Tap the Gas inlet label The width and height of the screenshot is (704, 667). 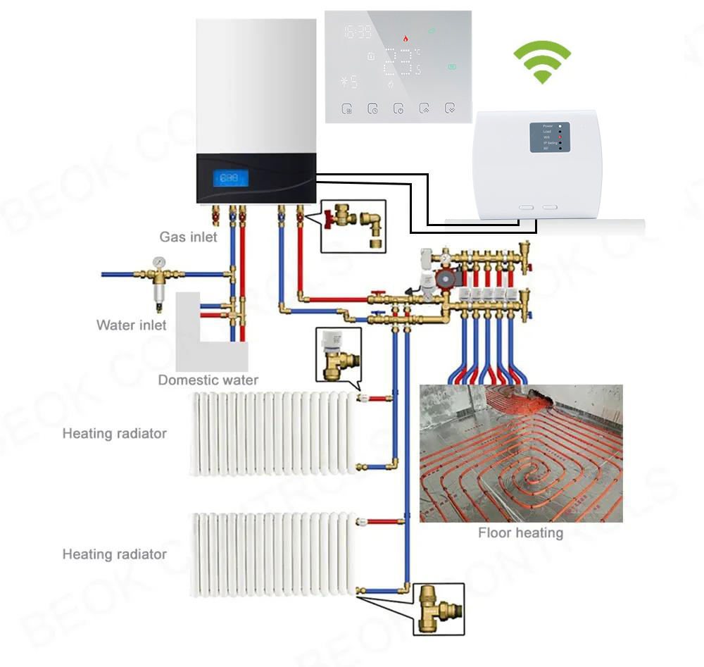point(188,237)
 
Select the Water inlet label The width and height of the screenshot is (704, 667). point(132,325)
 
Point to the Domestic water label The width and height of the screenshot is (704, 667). point(208,380)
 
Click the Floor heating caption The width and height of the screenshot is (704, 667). point(520,533)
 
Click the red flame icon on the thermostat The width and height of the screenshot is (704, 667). point(405,39)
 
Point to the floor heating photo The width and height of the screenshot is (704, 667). point(521,453)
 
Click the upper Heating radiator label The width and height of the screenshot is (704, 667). point(114,433)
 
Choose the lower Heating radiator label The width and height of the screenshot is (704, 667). point(114,554)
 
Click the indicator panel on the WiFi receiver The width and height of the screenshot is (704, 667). point(550,137)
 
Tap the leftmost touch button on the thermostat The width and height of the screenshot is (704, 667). point(347,109)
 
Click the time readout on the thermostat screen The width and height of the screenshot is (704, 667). point(358,32)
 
